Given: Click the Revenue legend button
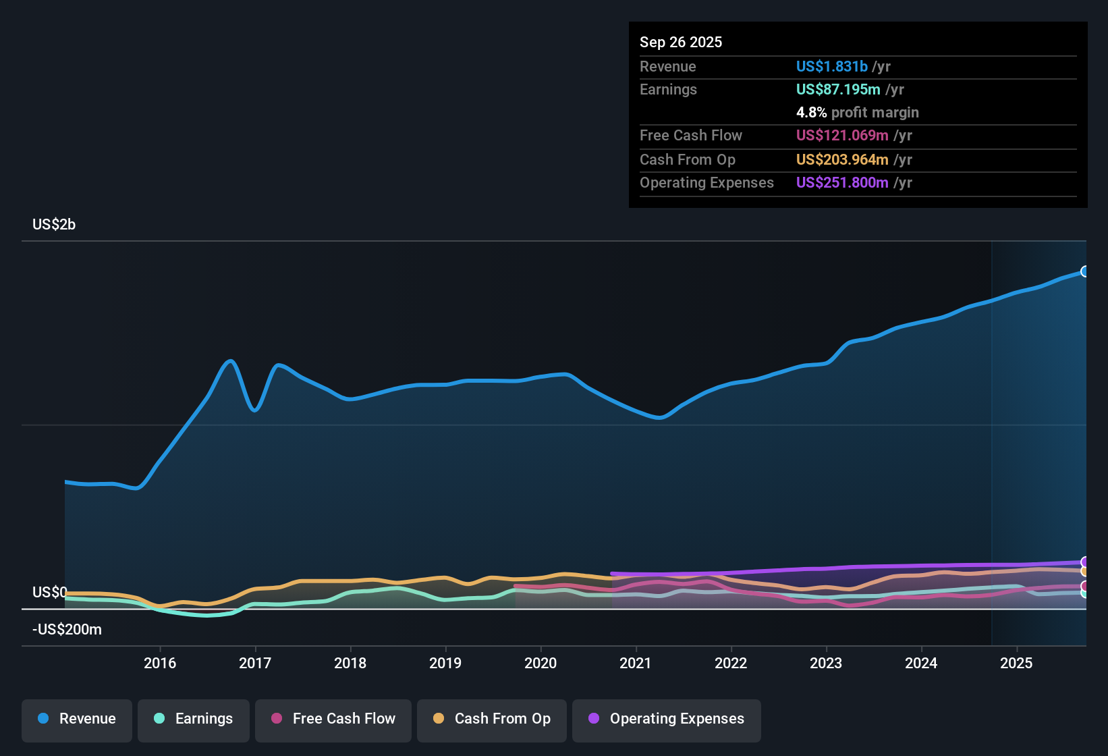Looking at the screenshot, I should [x=77, y=719].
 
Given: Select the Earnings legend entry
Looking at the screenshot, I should [x=194, y=719].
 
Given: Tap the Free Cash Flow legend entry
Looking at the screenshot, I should [x=333, y=719].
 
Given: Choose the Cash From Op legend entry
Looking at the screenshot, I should [x=492, y=719].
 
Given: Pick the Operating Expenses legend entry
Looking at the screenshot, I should [x=667, y=719].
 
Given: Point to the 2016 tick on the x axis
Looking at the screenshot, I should [x=160, y=663].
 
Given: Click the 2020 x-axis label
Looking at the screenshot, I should [x=541, y=663].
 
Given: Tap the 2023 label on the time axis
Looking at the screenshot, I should [x=826, y=663].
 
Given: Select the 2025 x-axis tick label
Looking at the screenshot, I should [x=1016, y=663].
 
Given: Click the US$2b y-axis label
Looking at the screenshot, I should [x=54, y=224].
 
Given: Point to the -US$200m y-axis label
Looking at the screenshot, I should [x=67, y=629].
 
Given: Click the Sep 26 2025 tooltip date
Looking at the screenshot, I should [x=681, y=42].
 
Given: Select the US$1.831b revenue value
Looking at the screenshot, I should [x=831, y=66].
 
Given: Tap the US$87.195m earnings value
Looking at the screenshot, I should [x=838, y=89].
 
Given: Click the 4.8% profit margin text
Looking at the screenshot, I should [x=857, y=112].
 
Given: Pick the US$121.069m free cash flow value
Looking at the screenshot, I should [x=842, y=135].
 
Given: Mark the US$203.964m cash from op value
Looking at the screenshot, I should [x=842, y=159].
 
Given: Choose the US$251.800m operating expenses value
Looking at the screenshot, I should [x=842, y=182].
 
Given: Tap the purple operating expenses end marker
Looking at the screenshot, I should [x=1085, y=562].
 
